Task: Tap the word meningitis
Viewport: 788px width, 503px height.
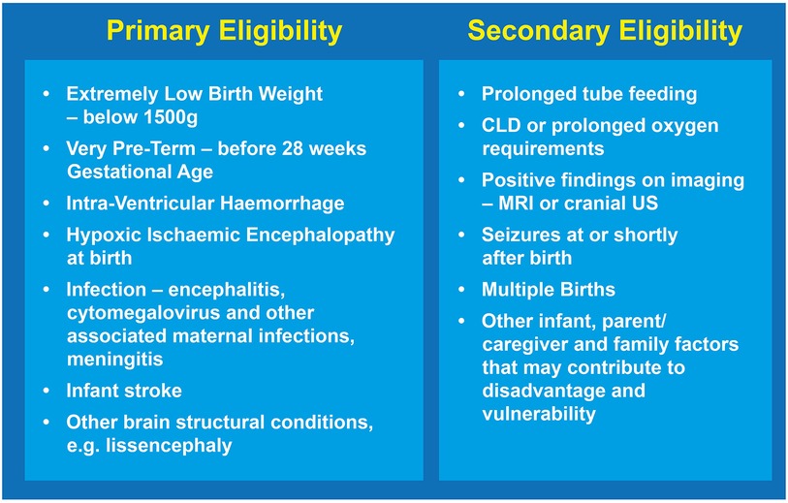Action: pyautogui.click(x=115, y=360)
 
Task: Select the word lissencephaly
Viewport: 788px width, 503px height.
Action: pyautogui.click(x=170, y=446)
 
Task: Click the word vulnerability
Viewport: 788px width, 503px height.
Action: pyautogui.click(x=539, y=414)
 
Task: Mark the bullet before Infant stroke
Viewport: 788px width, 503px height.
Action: pyautogui.click(x=47, y=391)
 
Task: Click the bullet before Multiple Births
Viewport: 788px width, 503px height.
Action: pyautogui.click(x=461, y=290)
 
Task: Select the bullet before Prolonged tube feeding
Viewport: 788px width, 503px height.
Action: pyautogui.click(x=461, y=94)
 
